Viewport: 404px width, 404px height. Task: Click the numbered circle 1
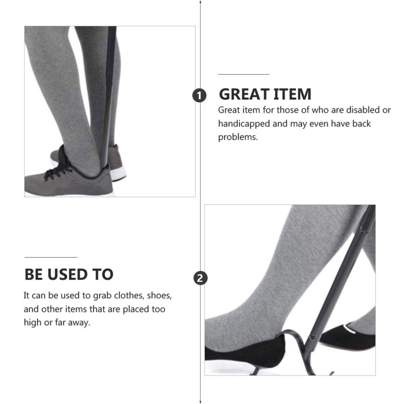pyautogui.click(x=199, y=95)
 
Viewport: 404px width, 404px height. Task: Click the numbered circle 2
pyautogui.click(x=200, y=278)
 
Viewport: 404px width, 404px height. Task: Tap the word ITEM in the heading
pyautogui.click(x=292, y=94)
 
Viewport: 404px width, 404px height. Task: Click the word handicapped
pyautogui.click(x=244, y=124)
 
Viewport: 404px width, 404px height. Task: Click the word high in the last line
pyautogui.click(x=33, y=322)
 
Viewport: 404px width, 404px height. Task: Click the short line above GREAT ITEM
pyautogui.click(x=244, y=74)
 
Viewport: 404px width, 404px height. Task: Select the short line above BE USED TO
pyautogui.click(x=51, y=257)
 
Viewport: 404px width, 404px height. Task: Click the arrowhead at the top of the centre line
pyautogui.click(x=200, y=2)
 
